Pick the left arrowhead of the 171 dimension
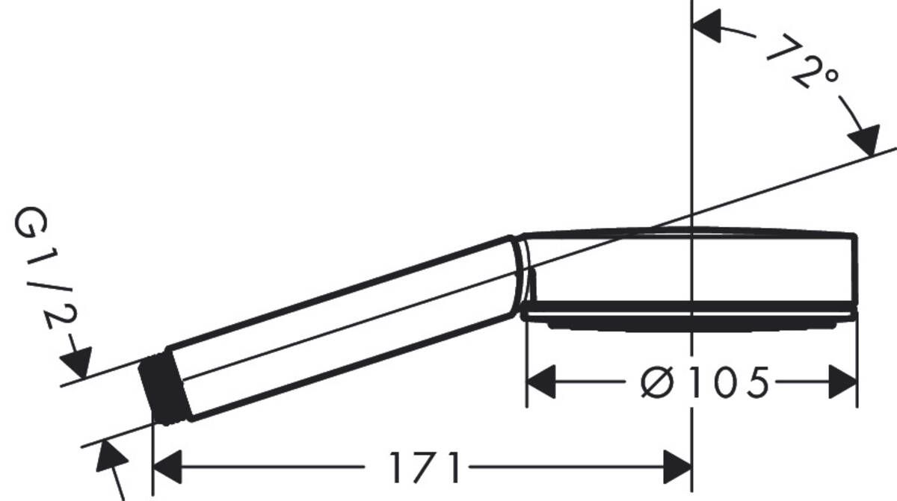click(x=167, y=467)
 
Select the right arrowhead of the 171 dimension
click(x=676, y=467)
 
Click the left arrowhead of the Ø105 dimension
click(x=543, y=382)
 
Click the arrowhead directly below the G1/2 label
click(x=76, y=363)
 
